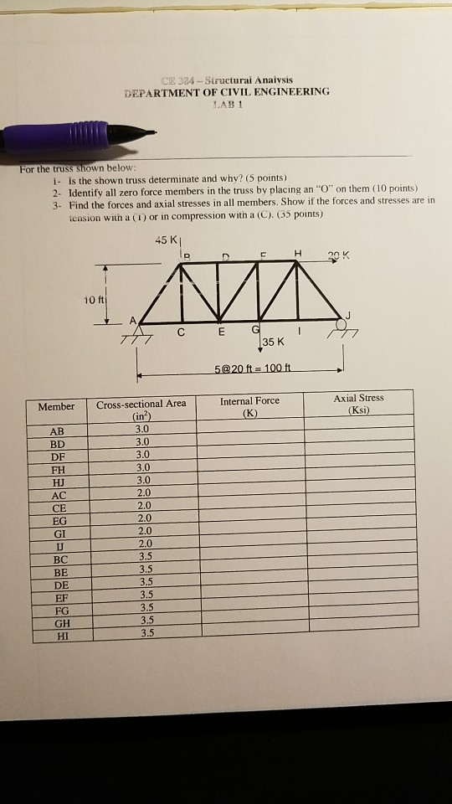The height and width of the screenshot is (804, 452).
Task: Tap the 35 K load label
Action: [x=274, y=342]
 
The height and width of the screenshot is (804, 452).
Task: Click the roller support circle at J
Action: [x=342, y=325]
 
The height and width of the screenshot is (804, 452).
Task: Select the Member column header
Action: [x=56, y=407]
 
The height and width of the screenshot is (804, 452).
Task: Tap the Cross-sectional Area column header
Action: [x=141, y=410]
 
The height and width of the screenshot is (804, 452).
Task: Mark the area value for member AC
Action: [x=142, y=493]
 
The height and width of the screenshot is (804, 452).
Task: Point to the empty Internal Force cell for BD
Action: [x=249, y=442]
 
